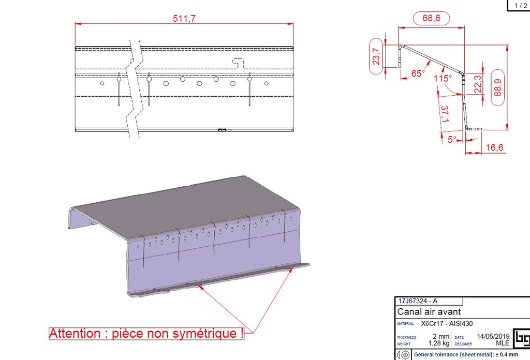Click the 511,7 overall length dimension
pos(184,18)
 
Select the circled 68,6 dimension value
pos(431,18)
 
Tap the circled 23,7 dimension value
pos(376,56)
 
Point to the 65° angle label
pos(418,73)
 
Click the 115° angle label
pos(443,78)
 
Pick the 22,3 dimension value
pos(478,84)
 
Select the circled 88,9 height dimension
pos(497,87)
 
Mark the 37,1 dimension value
pos(445,114)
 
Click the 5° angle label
pos(452,139)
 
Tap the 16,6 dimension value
pos(494,147)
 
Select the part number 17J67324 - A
pos(418,301)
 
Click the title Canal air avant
pos(429,311)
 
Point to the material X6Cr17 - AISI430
pos(447,323)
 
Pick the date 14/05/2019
pos(493,336)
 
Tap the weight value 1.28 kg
pos(439,343)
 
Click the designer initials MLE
pos(503,343)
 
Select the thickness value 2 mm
pos(441,336)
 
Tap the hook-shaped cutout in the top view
pos(238,63)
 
